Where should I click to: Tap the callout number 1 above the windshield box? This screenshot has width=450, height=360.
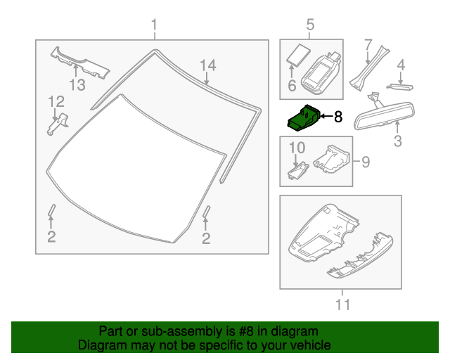[154, 27]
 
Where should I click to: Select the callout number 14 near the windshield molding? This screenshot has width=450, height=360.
[206, 66]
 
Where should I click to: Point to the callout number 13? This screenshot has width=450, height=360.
[77, 85]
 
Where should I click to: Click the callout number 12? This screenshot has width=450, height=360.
[56, 103]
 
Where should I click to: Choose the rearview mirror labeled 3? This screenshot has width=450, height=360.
[385, 115]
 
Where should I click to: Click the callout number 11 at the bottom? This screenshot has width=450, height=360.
[342, 304]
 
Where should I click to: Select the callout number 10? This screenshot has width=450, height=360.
[297, 148]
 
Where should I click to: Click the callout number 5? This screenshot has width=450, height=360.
[310, 27]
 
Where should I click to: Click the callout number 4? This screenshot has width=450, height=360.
[400, 67]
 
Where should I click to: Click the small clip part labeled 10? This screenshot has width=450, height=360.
[298, 170]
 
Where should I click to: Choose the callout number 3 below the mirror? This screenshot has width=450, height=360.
[397, 141]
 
